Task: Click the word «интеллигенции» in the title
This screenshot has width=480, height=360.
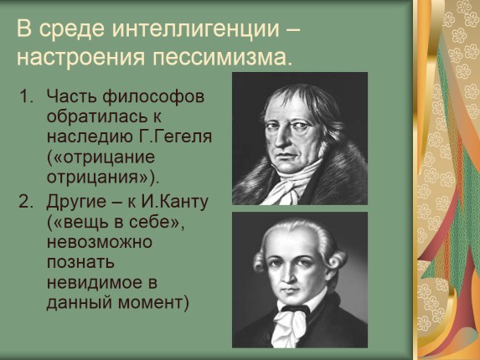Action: [196, 29]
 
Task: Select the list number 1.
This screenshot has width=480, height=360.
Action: [25, 96]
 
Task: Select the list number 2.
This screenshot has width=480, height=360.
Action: [26, 202]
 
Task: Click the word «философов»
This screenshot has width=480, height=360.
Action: [153, 97]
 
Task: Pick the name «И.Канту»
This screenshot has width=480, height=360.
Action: [174, 203]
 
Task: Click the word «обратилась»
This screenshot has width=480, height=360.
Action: [95, 116]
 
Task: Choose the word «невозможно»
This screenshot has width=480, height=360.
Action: [100, 243]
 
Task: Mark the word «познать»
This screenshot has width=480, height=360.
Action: [80, 263]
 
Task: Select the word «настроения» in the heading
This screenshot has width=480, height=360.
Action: [80, 58]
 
